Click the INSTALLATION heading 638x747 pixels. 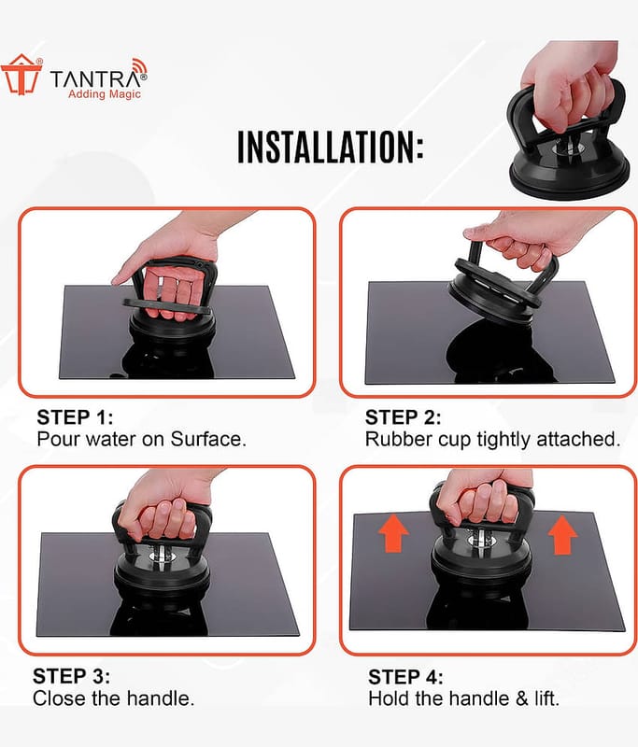click(330, 148)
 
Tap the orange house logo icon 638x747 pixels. click(21, 75)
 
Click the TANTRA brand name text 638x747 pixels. click(98, 78)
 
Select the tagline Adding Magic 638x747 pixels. click(105, 94)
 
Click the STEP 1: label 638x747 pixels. click(76, 417)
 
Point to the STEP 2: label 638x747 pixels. click(404, 417)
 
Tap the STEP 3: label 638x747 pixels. click(72, 676)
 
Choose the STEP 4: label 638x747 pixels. click(405, 677)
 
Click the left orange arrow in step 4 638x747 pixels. click(393, 535)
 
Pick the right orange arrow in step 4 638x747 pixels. click(562, 535)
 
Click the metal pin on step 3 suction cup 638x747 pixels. click(161, 556)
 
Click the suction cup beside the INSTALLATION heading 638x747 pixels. click(566, 143)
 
